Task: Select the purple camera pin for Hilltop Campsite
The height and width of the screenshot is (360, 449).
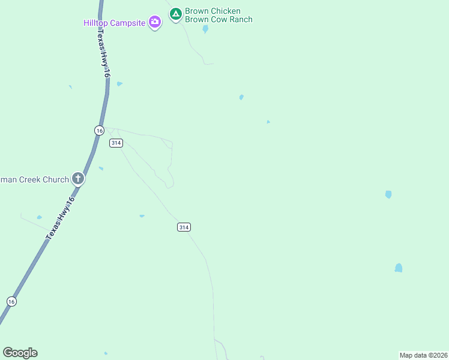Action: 155,22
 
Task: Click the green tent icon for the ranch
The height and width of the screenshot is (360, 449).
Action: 175,13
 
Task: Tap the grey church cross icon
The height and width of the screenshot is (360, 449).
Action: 77,178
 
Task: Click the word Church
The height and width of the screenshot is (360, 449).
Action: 56,179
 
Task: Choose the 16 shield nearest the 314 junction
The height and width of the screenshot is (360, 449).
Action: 99,130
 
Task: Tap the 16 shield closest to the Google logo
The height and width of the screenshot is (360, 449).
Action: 11,301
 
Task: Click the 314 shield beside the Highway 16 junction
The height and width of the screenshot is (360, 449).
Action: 116,143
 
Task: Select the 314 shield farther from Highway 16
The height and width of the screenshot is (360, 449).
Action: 184,227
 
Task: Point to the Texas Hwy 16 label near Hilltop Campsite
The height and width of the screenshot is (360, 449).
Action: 103,54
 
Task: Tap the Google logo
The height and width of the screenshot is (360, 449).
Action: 20,353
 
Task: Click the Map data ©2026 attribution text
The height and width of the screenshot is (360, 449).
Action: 423,355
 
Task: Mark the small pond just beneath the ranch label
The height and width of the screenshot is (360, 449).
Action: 205,29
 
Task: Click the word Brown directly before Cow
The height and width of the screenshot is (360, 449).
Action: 197,19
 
